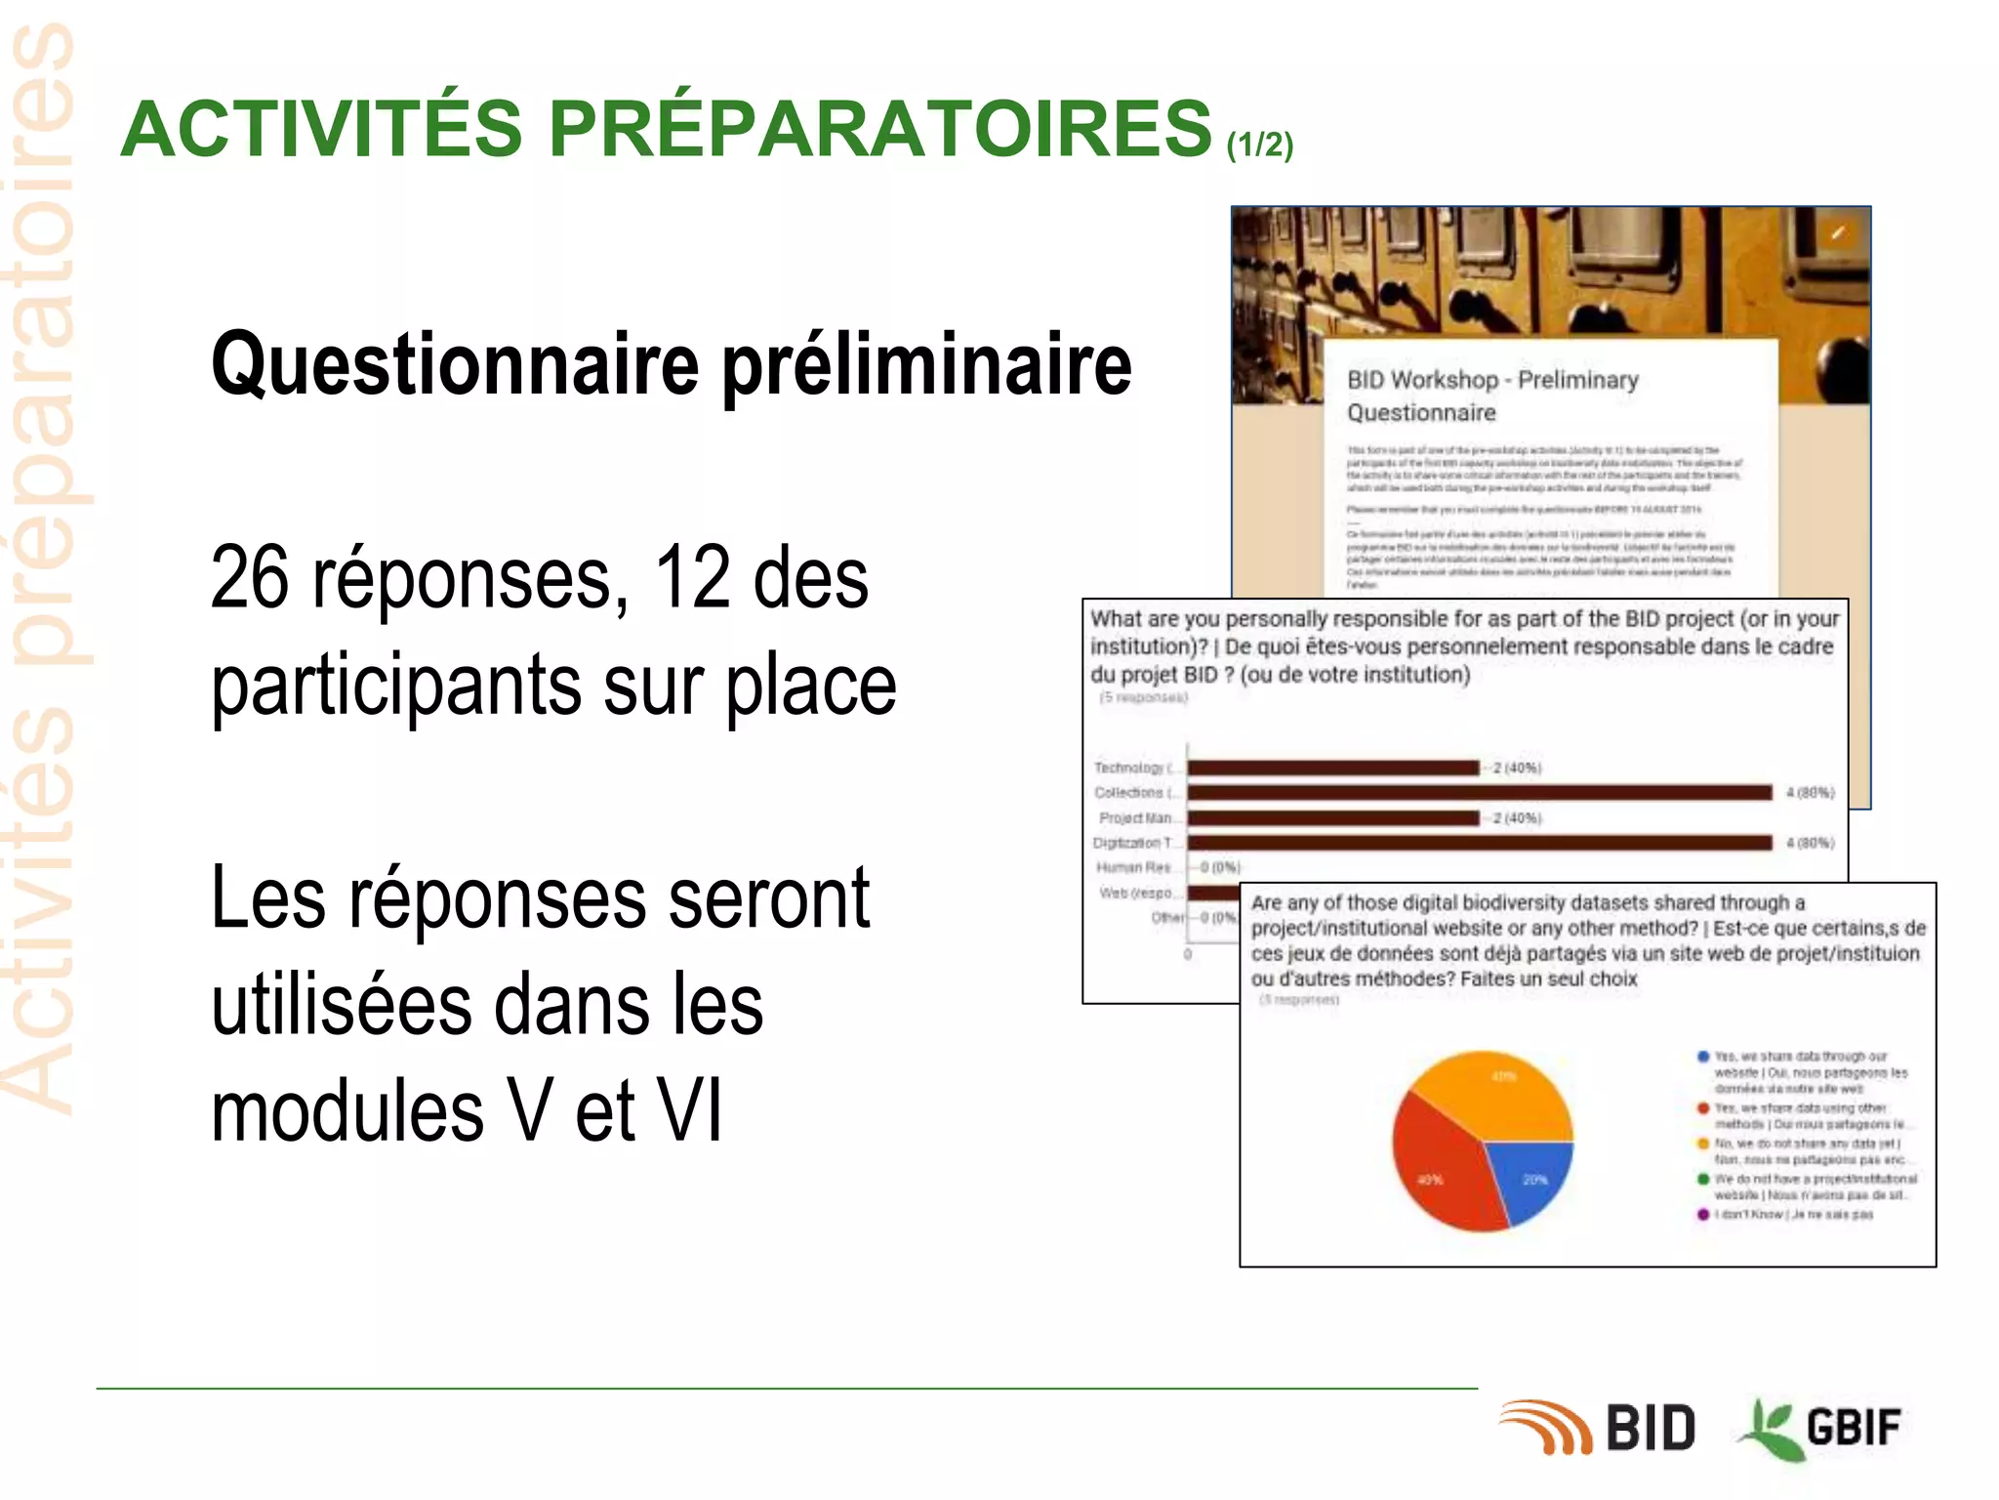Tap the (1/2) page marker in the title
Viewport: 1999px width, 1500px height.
click(x=1259, y=145)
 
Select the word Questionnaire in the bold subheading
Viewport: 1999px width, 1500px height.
click(x=455, y=364)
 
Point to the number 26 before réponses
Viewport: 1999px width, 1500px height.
click(x=250, y=578)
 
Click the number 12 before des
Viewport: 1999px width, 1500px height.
click(x=693, y=578)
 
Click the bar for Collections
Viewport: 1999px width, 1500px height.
click(x=1479, y=793)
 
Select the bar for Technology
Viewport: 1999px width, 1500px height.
click(x=1333, y=768)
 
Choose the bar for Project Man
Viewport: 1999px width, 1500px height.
click(x=1333, y=818)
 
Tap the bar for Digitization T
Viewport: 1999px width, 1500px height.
click(x=1479, y=843)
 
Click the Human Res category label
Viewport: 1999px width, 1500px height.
click(x=1133, y=867)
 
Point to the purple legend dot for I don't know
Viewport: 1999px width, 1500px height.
click(x=1703, y=1214)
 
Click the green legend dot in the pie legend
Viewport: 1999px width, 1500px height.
click(x=1703, y=1179)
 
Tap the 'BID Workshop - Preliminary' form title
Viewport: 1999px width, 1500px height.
click(x=1492, y=380)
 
